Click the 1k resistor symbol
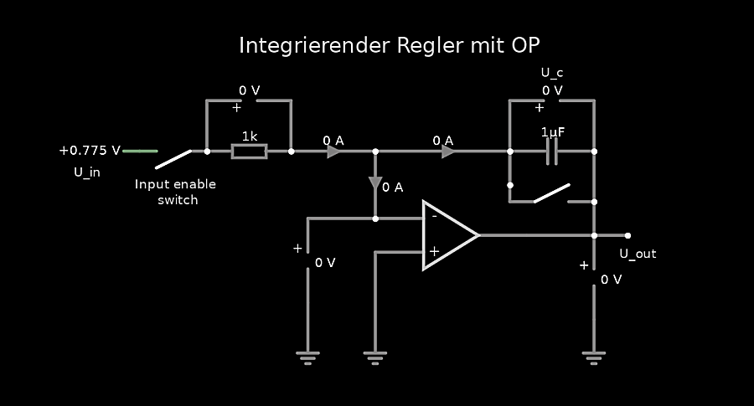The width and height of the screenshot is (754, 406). coord(249,152)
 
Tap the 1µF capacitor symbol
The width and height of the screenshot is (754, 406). coord(552,152)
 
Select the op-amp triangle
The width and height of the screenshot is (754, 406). coord(448,235)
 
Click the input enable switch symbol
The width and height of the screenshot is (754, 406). coord(173,158)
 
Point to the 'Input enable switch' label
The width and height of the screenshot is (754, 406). coord(175,192)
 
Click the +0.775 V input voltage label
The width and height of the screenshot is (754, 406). coord(90,151)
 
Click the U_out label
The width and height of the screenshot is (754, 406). coord(638,254)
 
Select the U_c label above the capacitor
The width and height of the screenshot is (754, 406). coord(552,73)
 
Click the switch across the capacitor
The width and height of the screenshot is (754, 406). coord(551,194)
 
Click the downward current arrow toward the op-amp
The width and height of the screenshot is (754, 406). coord(375,183)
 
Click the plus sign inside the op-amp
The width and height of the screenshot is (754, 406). coord(434,250)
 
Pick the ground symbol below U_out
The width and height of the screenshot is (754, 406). coord(594,358)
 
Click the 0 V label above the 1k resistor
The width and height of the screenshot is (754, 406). coord(249,90)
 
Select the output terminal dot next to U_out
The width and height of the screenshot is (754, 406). coord(627,235)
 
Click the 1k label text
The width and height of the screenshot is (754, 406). coord(250,136)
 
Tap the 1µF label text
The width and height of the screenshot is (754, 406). coord(552,132)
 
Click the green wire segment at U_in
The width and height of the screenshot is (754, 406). coord(140,152)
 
